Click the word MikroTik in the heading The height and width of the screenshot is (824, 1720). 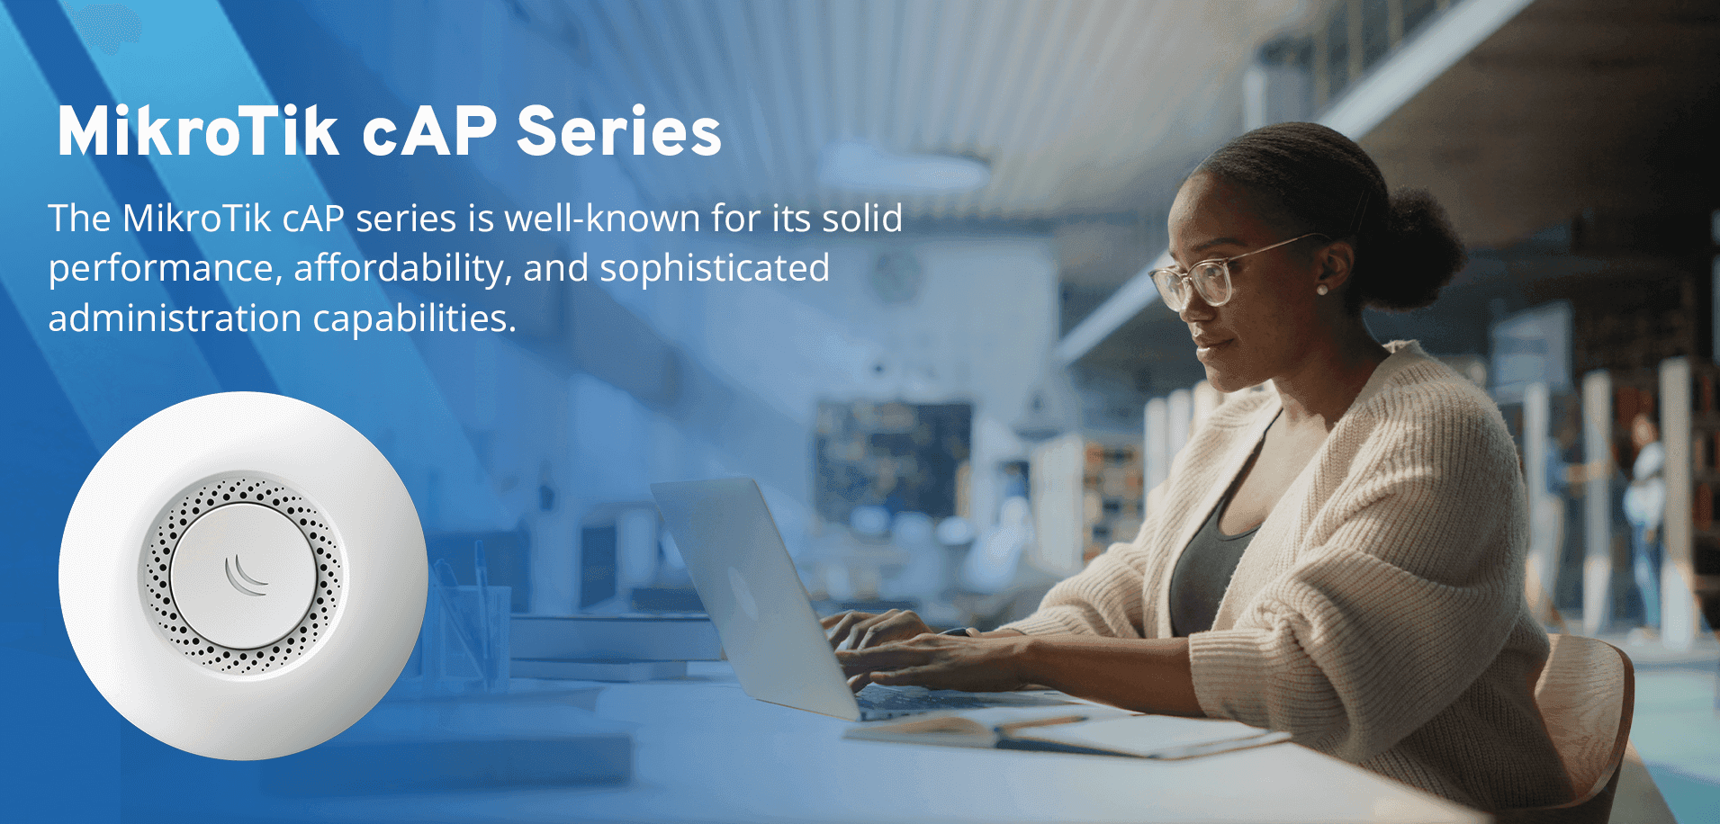point(198,132)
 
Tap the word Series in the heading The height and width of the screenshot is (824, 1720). point(618,132)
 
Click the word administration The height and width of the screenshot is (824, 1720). point(175,318)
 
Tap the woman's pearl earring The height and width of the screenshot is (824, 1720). point(1322,290)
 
